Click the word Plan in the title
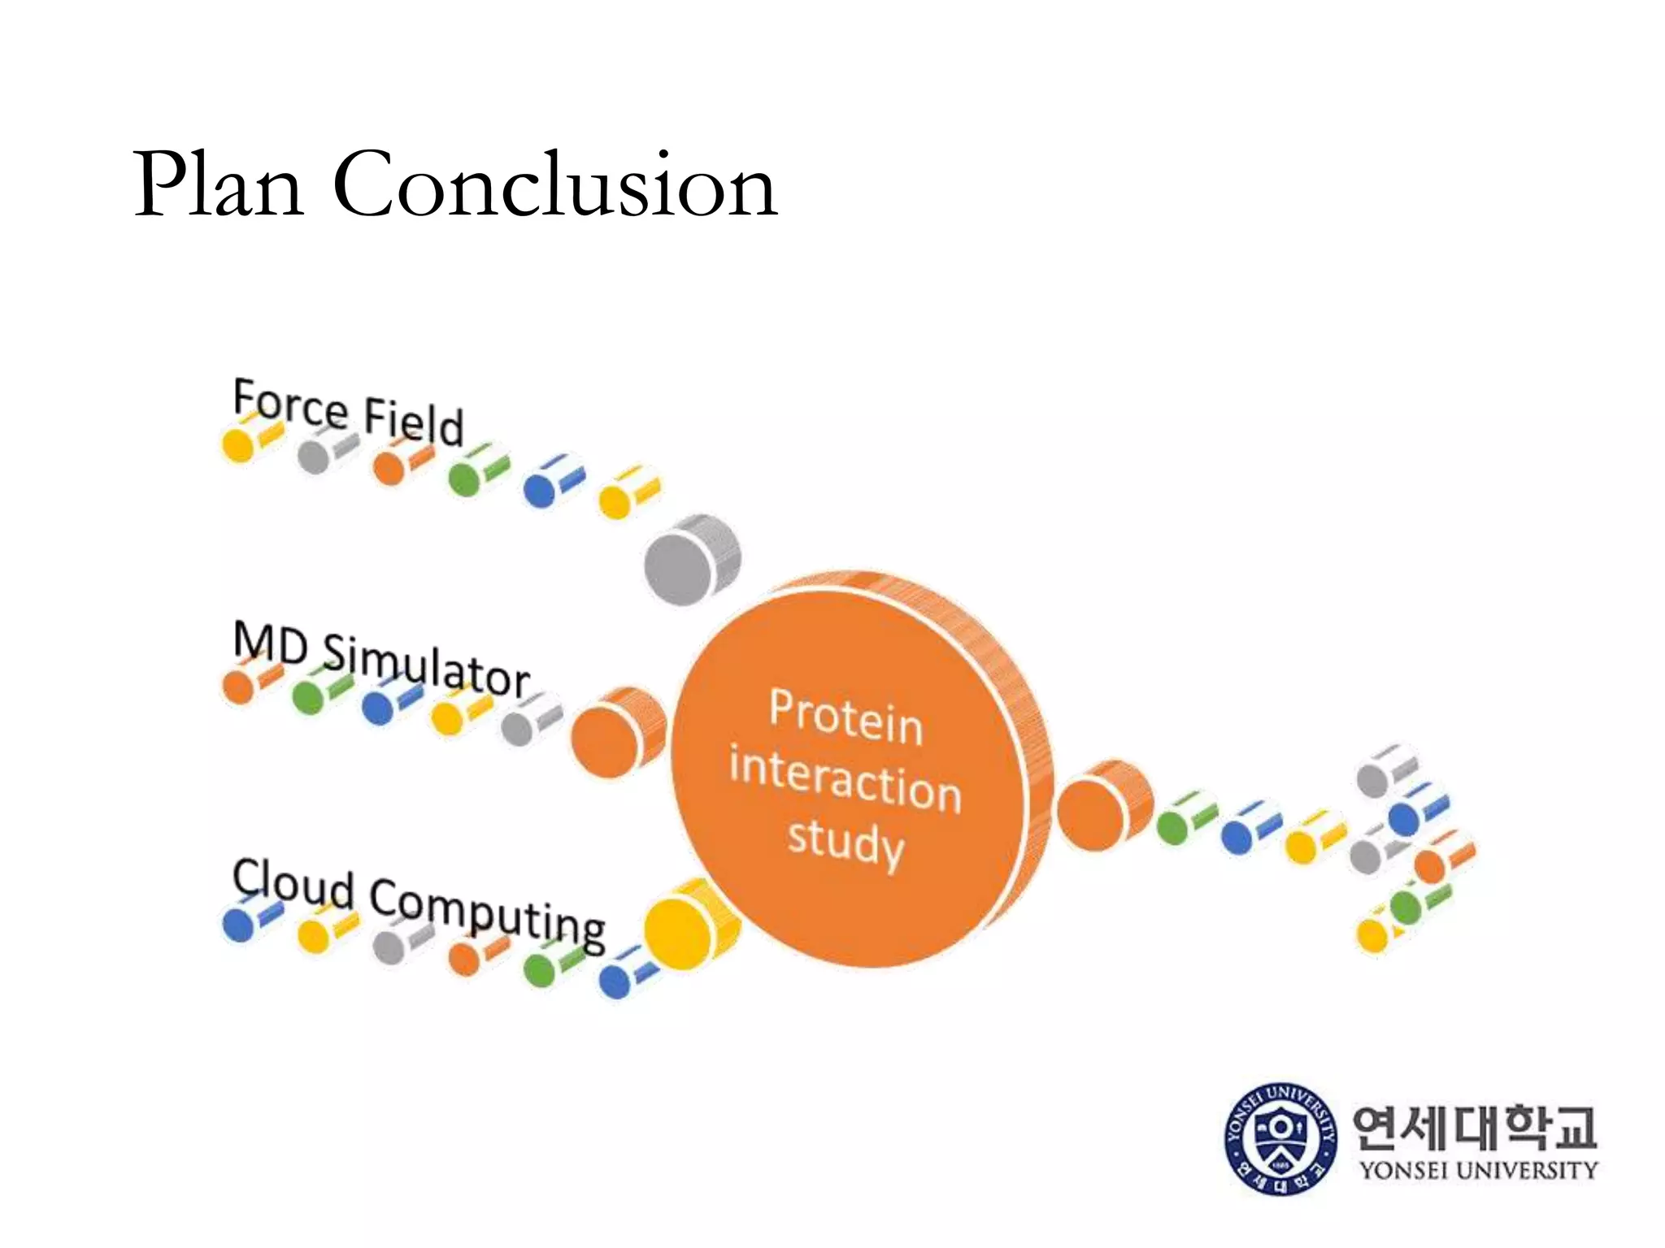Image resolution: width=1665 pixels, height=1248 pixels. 219,185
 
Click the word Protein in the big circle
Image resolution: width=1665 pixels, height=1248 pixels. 846,717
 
